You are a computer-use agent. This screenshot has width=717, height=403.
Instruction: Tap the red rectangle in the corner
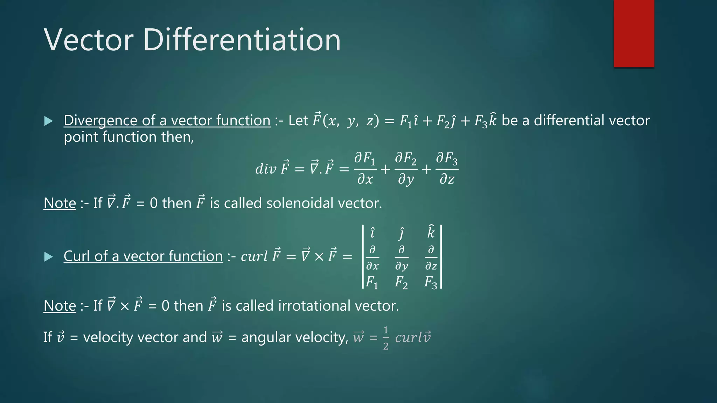click(x=634, y=34)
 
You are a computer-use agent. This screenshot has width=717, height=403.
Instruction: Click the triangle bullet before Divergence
click(x=49, y=121)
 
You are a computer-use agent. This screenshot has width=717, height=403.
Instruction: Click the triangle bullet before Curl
click(x=49, y=257)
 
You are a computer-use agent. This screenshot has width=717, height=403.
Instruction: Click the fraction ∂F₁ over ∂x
click(x=365, y=169)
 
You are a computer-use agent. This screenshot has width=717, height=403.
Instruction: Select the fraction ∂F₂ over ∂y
click(x=406, y=169)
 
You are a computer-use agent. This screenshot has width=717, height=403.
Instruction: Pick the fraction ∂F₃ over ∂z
click(x=447, y=169)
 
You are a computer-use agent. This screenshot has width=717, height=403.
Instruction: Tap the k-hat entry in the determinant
click(x=431, y=232)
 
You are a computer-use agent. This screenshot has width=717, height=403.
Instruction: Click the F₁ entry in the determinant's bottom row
click(x=372, y=282)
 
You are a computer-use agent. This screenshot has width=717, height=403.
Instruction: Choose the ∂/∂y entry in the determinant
click(x=402, y=258)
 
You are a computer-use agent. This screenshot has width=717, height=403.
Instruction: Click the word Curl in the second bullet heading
click(x=76, y=256)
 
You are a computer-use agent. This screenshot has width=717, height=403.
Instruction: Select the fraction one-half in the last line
click(x=385, y=338)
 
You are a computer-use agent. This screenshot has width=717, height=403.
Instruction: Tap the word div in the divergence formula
click(x=266, y=169)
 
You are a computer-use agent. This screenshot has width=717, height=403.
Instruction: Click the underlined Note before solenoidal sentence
click(x=60, y=203)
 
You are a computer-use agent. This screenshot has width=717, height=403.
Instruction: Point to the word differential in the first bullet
click(x=564, y=120)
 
